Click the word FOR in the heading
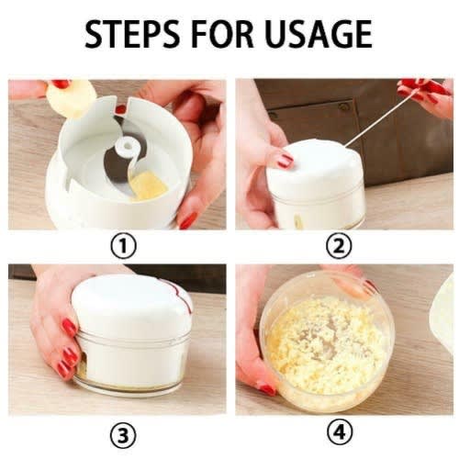click(x=223, y=34)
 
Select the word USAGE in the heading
click(x=319, y=34)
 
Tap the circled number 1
click(x=124, y=246)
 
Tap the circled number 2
click(x=339, y=246)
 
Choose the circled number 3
click(x=123, y=435)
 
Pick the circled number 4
click(x=340, y=433)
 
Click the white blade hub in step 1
click(x=126, y=145)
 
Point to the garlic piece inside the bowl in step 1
click(x=149, y=185)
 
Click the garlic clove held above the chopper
click(x=71, y=98)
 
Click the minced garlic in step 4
click(x=324, y=346)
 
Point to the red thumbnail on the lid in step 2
click(x=285, y=160)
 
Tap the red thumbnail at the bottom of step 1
click(x=187, y=220)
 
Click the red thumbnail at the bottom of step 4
click(x=267, y=389)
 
